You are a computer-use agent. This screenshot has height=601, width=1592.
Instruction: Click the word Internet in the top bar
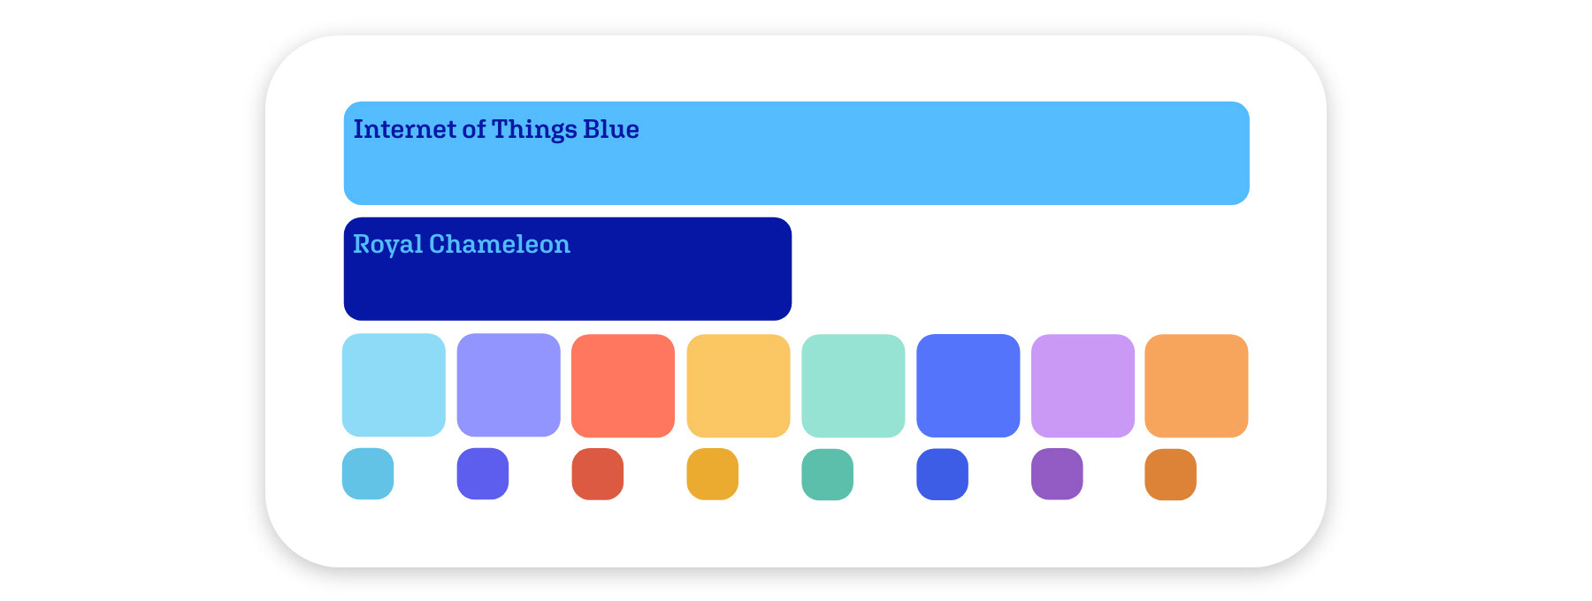(x=404, y=129)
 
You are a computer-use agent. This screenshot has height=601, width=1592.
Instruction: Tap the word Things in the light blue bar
(x=534, y=130)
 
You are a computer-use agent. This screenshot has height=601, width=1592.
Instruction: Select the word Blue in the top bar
(x=611, y=129)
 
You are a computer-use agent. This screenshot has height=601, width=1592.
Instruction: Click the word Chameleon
(x=500, y=244)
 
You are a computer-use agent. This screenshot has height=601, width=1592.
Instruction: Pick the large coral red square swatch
(x=623, y=385)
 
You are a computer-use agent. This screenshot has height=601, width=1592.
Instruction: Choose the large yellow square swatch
(x=739, y=385)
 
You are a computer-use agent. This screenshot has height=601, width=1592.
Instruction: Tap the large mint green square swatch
(x=853, y=385)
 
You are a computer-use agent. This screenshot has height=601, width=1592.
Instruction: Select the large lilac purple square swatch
(x=1083, y=385)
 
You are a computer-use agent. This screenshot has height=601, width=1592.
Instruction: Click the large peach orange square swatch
(x=1197, y=385)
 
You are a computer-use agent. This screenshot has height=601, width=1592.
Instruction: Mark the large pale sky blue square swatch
(x=394, y=384)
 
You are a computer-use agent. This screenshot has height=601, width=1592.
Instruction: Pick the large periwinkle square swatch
(x=509, y=384)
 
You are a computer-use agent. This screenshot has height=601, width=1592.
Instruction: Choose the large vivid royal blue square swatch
(x=968, y=385)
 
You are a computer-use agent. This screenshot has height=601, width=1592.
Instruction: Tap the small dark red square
(x=598, y=474)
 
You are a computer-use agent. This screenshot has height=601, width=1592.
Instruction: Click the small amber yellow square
(x=713, y=474)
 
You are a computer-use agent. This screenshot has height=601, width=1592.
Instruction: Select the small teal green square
(x=828, y=475)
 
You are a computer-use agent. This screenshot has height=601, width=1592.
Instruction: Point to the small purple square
(x=1057, y=474)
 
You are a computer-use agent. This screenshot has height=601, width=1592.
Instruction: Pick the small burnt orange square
(x=1171, y=475)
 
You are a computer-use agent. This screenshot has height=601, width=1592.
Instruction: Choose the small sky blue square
(x=368, y=474)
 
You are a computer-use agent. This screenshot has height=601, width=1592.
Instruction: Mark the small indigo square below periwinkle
(x=483, y=474)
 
